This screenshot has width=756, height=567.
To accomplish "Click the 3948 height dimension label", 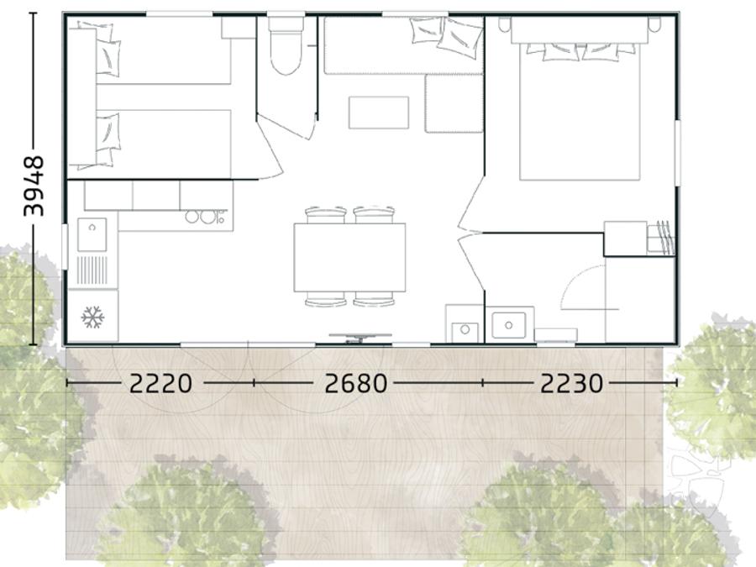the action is click(34, 186).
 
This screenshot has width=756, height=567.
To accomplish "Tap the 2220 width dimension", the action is click(161, 384).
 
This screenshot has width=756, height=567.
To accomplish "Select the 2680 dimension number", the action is click(356, 384).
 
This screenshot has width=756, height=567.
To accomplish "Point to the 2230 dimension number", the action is click(571, 384).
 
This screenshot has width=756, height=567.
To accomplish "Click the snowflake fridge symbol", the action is click(92, 317).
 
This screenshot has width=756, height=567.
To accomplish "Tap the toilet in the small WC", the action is click(286, 46).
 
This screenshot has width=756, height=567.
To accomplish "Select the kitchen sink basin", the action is click(92, 235).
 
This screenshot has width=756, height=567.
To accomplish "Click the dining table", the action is click(349, 258).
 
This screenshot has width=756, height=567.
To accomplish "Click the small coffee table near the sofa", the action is click(379, 113).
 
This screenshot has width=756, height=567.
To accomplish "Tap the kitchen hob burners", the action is click(206, 217).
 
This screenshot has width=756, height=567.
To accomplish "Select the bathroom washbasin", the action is click(509, 325).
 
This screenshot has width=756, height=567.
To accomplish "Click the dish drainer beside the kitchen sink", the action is click(92, 270).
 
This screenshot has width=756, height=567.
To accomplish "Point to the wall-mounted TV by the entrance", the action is click(360, 337).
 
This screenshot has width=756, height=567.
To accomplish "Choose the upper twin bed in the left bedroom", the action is click(164, 55).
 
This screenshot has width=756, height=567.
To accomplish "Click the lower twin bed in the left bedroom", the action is click(164, 143).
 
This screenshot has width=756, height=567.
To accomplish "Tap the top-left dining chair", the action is click(325, 215).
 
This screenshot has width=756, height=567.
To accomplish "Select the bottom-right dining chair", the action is click(374, 299).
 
